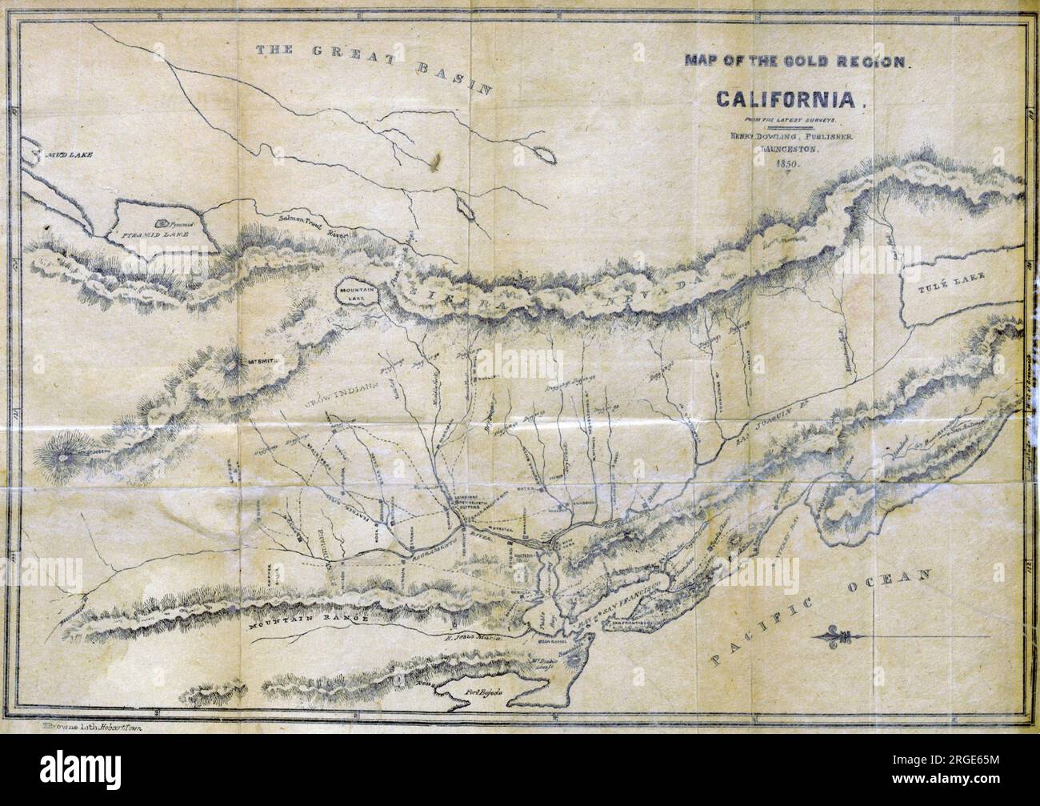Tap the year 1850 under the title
tap(787, 164)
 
